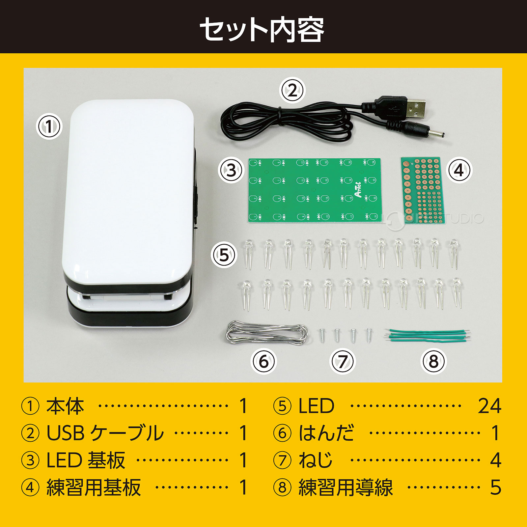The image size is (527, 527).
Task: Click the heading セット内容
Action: coord(262,30)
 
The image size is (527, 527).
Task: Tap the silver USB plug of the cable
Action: coord(416,108)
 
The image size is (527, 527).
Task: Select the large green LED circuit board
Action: coord(315,190)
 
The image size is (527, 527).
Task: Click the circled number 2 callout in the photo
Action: coord(292,90)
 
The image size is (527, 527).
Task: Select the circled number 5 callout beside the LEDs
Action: coord(224,255)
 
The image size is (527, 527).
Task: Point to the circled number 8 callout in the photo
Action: coord(433,361)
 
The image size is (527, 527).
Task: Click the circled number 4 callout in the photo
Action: coord(459,170)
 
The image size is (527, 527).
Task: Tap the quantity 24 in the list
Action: coord(489,406)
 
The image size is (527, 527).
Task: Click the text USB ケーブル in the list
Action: coord(105,433)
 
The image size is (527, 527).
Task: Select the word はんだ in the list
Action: coord(326,433)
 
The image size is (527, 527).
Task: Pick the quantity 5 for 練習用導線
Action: coord(495,487)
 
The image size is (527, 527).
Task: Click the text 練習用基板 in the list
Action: coord(94,487)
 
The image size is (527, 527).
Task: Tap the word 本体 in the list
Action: coord(65,406)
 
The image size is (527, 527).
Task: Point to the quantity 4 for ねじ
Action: coord(495,460)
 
